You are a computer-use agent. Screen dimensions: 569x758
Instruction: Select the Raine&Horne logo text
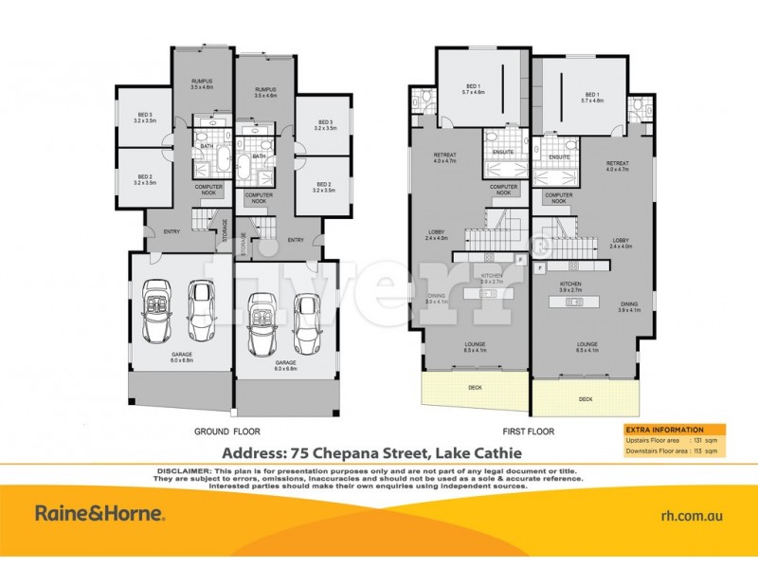tap(99, 514)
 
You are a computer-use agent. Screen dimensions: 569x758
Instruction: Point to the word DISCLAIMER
tap(180, 470)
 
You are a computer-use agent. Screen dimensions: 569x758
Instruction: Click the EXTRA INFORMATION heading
tap(665, 430)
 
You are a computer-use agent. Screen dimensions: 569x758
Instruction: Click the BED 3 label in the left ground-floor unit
tap(144, 117)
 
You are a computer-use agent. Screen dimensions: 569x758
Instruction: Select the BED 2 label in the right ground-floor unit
tap(325, 186)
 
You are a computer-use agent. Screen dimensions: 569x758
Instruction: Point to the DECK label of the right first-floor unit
tap(587, 398)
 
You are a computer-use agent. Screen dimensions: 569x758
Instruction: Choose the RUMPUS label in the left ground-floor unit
tap(200, 81)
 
